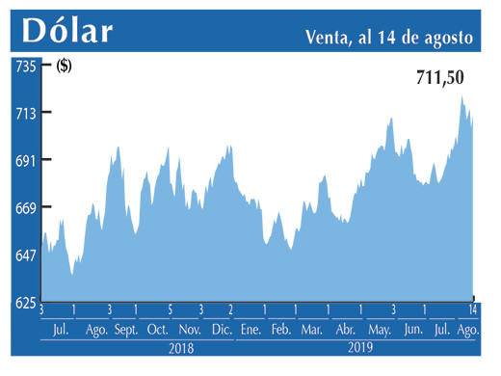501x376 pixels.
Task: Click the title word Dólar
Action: [x=67, y=31]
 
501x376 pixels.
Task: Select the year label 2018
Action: [x=182, y=347]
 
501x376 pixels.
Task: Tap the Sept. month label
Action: [x=127, y=330]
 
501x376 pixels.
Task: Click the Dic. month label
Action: [x=222, y=330]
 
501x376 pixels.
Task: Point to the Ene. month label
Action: [x=250, y=330]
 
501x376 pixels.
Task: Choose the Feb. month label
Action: [x=280, y=330]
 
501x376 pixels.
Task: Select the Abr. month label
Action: [x=345, y=330]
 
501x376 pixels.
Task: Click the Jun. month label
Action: [x=411, y=330]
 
